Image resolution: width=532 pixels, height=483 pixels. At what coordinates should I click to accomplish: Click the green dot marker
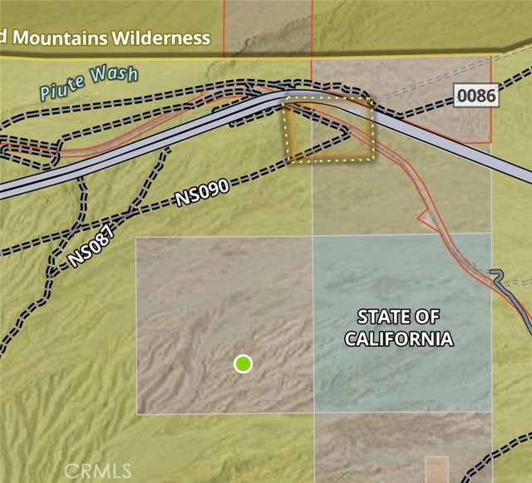[x=243, y=363]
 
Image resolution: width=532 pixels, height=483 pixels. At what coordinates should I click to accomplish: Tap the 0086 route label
[x=476, y=96]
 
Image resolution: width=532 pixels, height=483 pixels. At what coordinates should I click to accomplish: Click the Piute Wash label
[x=87, y=83]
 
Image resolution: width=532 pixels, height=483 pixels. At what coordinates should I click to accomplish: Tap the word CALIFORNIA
[x=399, y=338]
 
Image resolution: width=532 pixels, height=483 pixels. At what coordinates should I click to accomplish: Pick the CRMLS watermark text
[x=98, y=471]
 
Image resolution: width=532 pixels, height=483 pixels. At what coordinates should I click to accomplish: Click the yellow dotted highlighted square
[x=330, y=129]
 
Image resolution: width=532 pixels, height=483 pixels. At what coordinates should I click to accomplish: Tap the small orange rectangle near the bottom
[x=436, y=468]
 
